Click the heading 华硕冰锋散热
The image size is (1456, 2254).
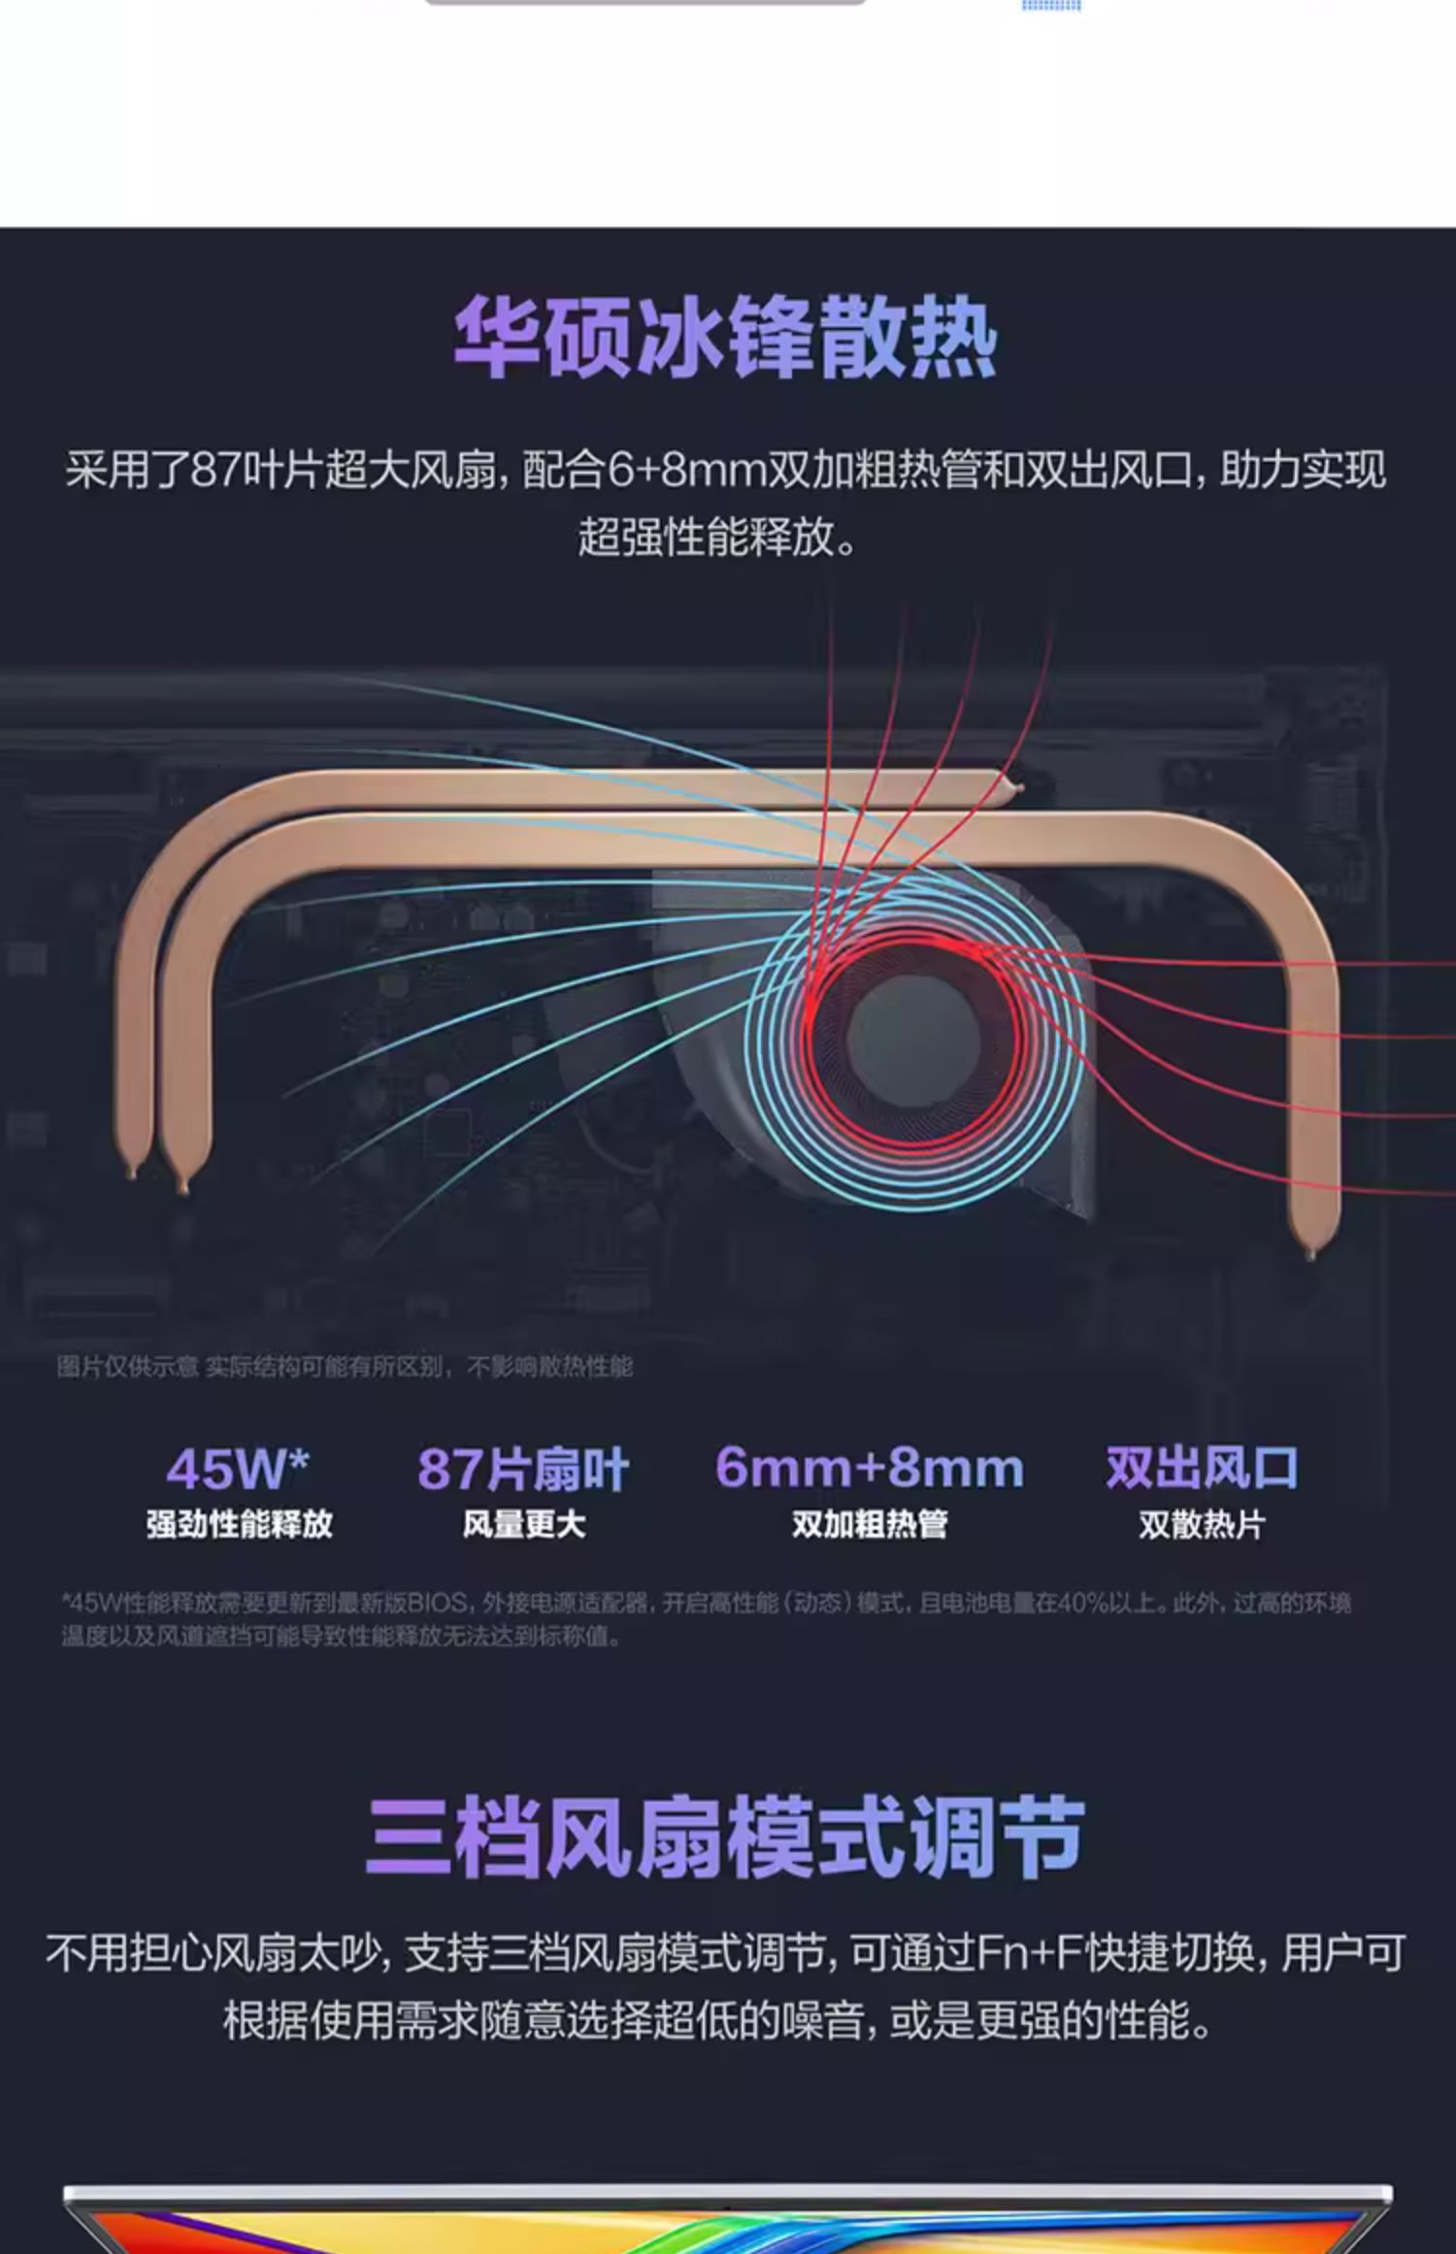pyautogui.click(x=726, y=338)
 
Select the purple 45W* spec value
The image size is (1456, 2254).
pyautogui.click(x=238, y=1469)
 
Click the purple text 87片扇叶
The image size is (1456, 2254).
pyautogui.click(x=523, y=1469)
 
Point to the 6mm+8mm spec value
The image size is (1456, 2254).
pyautogui.click(x=869, y=1467)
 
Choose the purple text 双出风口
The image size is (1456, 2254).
pyautogui.click(x=1202, y=1467)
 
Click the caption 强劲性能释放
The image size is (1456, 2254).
pyautogui.click(x=239, y=1524)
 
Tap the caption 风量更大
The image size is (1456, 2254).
pyautogui.click(x=523, y=1524)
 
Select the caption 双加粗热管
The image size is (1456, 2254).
pyautogui.click(x=869, y=1524)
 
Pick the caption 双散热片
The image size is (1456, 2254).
pyautogui.click(x=1202, y=1524)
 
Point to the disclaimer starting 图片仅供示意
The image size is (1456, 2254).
pyautogui.click(x=345, y=1367)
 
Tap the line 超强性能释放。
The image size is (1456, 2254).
pyautogui.click(x=718, y=537)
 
